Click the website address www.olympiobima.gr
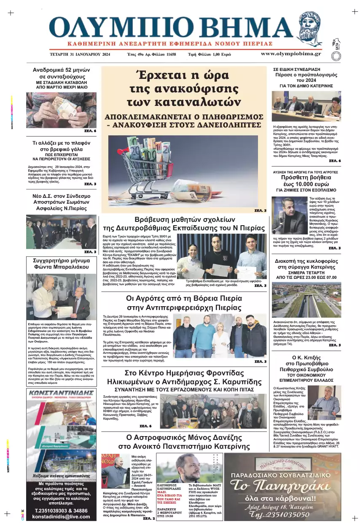pyautogui.click(x=290, y=54)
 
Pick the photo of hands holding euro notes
pyautogui.click(x=61, y=110)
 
